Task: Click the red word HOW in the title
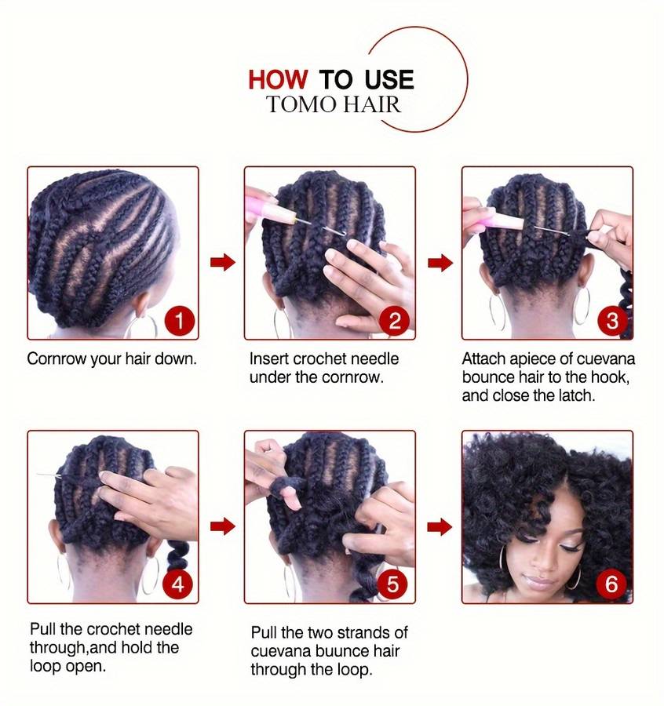(278, 80)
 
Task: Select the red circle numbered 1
(179, 322)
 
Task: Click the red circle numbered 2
(394, 322)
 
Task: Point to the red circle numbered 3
(611, 322)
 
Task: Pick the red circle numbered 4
(178, 584)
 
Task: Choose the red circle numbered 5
(392, 584)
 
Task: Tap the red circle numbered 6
(611, 584)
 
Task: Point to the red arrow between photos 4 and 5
(223, 526)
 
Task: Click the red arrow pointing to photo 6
(440, 526)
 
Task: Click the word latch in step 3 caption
(577, 395)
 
